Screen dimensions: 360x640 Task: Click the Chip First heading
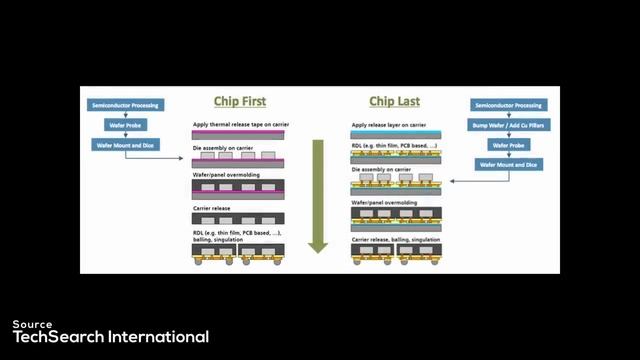tap(238, 102)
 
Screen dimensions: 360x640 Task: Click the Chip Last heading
tap(394, 102)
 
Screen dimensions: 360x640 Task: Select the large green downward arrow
tap(318, 196)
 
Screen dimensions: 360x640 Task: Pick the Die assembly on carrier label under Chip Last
tap(382, 169)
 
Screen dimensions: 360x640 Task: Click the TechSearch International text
tap(110, 337)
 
